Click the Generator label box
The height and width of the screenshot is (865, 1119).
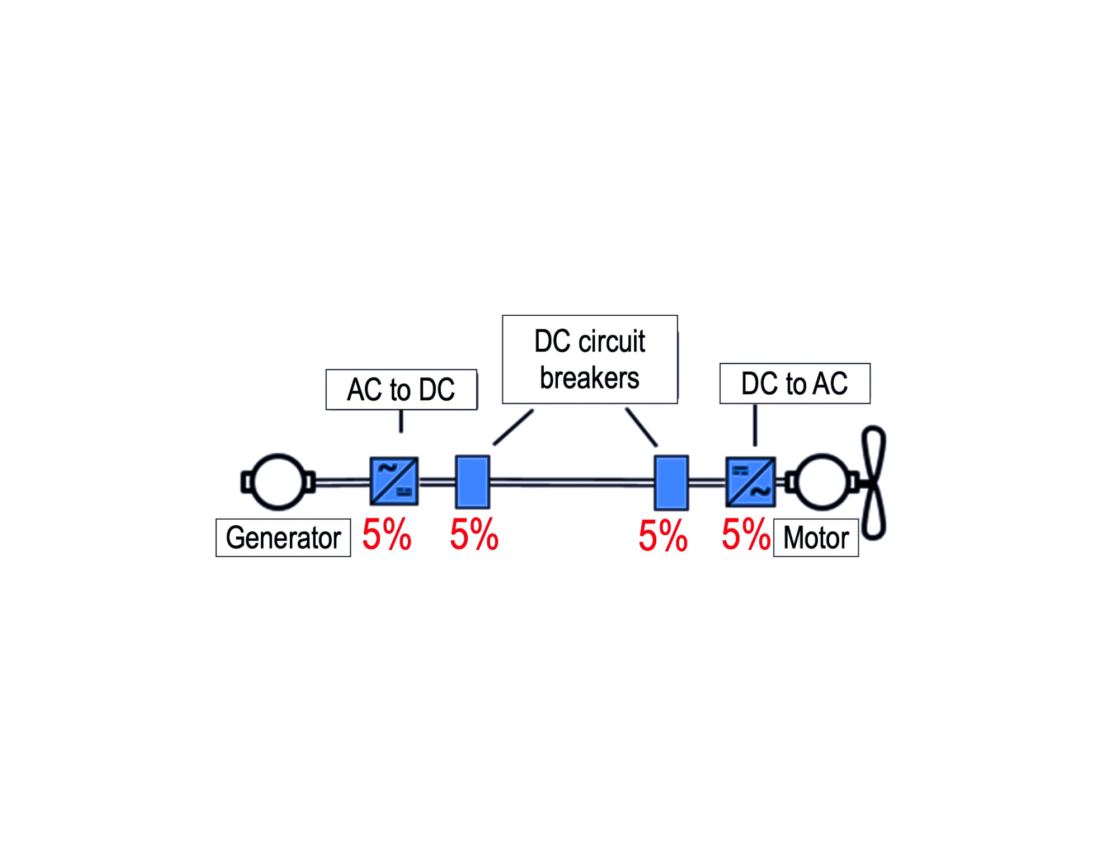tap(283, 538)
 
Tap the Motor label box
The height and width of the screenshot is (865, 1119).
tap(816, 538)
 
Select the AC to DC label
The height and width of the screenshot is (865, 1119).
tap(401, 390)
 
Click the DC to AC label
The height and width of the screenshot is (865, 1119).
tap(794, 384)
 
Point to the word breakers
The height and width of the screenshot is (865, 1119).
tap(589, 378)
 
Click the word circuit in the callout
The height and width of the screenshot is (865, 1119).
tap(612, 342)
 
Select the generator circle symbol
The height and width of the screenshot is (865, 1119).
tap(278, 482)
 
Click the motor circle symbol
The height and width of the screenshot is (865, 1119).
tap(822, 482)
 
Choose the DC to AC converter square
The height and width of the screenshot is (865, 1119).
tap(750, 481)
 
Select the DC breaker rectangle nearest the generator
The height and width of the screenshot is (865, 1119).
tap(473, 482)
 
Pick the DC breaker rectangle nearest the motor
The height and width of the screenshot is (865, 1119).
tap(671, 482)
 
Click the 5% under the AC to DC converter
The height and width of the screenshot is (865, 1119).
tap(387, 535)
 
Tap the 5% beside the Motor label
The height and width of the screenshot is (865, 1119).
tap(745, 535)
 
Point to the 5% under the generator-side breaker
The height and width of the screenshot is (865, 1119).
tap(474, 535)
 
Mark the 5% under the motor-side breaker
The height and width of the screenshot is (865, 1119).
tap(663, 536)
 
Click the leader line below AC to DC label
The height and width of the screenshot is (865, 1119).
tap(401, 421)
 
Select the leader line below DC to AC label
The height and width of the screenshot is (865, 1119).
tap(755, 425)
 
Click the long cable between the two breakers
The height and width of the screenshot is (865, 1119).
tap(572, 482)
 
